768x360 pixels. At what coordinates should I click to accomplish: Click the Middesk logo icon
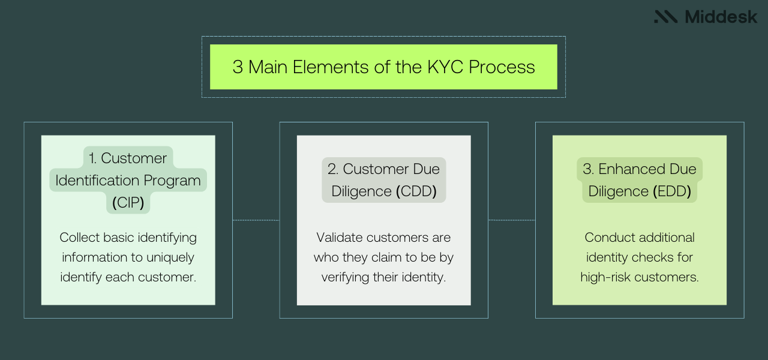click(x=666, y=17)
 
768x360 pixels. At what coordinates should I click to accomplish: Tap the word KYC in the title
click(x=441, y=67)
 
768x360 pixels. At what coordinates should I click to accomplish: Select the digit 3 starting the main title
click(x=238, y=67)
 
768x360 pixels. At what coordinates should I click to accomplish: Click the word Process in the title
click(x=502, y=67)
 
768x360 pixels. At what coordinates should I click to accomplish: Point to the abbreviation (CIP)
click(x=128, y=203)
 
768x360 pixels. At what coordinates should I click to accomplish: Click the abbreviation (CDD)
click(x=416, y=191)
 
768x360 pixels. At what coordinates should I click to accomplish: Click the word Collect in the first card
click(x=80, y=238)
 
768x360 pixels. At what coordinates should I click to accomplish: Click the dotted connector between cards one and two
click(x=256, y=220)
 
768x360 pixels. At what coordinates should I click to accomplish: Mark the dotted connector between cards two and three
click(x=511, y=220)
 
